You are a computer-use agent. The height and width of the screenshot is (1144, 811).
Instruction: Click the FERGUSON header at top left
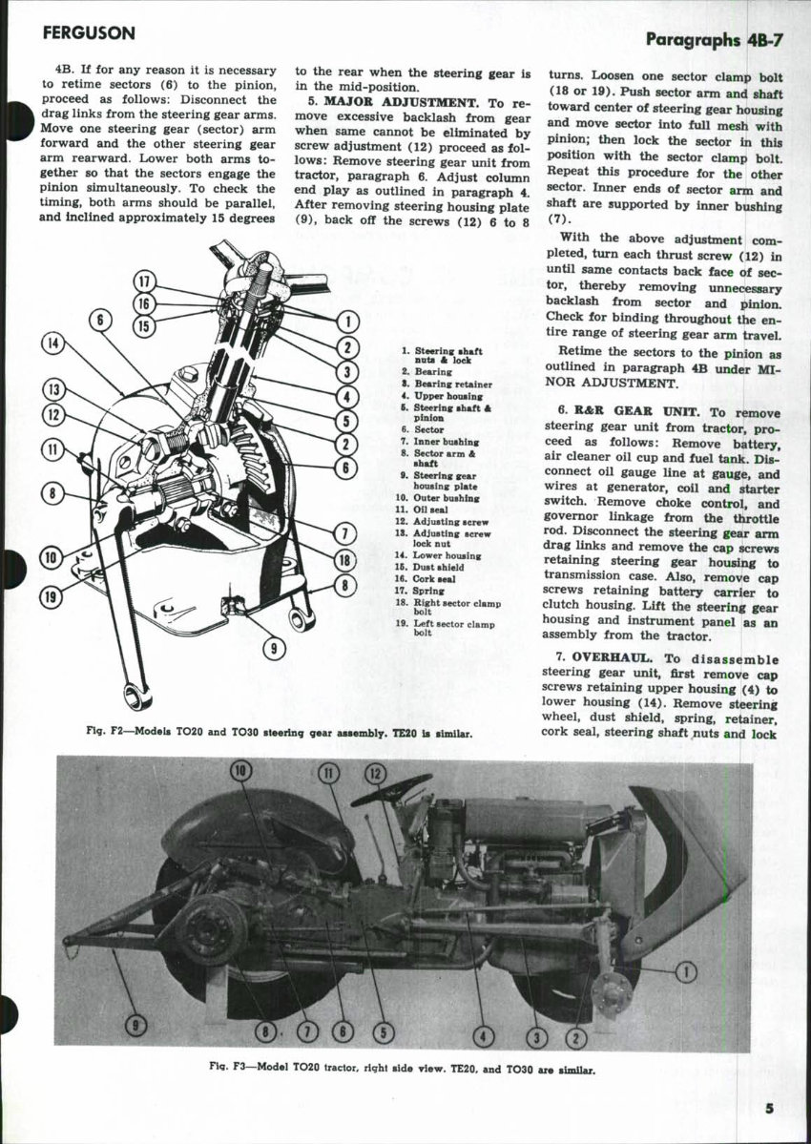[89, 33]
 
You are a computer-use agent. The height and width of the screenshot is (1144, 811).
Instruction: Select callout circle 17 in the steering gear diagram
[144, 281]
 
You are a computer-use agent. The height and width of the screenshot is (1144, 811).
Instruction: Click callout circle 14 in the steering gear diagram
[54, 345]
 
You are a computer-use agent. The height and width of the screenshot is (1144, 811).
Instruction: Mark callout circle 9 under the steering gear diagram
[275, 650]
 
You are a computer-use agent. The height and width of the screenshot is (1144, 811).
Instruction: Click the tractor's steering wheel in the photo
[391, 791]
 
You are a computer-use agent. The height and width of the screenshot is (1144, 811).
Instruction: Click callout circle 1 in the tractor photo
[685, 972]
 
